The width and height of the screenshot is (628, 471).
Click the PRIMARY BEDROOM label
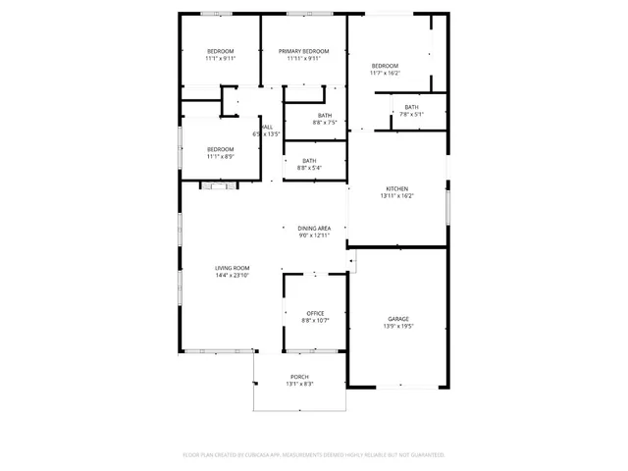[303, 51]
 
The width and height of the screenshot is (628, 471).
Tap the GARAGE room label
[397, 319]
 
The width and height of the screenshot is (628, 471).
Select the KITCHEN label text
[396, 188]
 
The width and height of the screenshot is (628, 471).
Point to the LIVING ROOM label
[233, 268]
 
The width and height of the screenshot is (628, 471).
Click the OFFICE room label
[315, 313]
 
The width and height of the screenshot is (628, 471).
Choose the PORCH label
[299, 377]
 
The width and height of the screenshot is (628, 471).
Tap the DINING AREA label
[315, 228]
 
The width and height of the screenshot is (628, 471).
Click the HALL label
[268, 127]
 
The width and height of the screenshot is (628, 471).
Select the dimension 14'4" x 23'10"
[233, 276]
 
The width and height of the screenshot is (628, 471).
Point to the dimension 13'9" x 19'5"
[397, 327]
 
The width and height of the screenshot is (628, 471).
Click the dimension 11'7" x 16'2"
[385, 73]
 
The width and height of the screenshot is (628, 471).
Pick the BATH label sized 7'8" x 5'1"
[411, 107]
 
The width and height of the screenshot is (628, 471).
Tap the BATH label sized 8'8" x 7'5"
[325, 115]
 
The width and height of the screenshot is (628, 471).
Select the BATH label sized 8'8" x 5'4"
[309, 161]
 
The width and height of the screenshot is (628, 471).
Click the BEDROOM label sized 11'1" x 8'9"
[220, 149]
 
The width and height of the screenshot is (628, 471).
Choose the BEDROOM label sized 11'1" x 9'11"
[220, 51]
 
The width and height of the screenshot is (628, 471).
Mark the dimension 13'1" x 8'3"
[299, 385]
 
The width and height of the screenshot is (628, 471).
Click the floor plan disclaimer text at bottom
[314, 454]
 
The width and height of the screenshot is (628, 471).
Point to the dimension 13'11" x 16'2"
[396, 196]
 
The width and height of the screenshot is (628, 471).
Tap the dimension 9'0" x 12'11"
[315, 235]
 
